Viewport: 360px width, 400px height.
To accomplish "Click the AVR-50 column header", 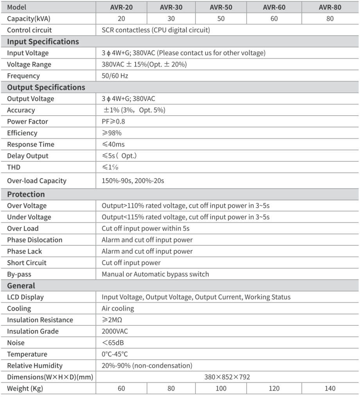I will [221, 7].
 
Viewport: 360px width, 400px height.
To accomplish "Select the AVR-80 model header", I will [330, 7].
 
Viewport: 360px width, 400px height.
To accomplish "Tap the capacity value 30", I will [171, 19].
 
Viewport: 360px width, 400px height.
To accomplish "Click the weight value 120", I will [274, 388].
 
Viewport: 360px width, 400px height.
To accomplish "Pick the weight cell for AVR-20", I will [121, 388].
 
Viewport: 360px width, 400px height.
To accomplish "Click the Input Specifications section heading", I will [43, 42].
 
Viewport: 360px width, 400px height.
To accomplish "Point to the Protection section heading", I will [26, 194].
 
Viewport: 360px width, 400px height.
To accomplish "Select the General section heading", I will [21, 286].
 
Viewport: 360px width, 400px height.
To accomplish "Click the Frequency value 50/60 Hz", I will [115, 76].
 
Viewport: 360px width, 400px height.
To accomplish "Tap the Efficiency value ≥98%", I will [111, 133].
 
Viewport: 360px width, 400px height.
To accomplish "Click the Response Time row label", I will [30, 145].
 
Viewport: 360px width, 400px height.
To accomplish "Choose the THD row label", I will [14, 167].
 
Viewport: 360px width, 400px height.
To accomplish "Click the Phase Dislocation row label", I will [34, 240].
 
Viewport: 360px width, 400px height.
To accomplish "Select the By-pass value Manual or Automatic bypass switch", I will [155, 274].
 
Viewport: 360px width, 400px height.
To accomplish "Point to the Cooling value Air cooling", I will [118, 309].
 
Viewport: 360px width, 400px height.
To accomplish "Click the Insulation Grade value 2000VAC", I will [115, 331].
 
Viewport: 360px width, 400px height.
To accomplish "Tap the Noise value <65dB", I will [113, 343].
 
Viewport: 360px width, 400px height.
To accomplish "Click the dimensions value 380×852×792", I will [227, 377].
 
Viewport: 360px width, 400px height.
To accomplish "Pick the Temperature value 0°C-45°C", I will [115, 354].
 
